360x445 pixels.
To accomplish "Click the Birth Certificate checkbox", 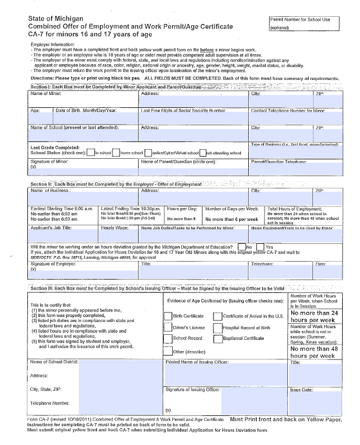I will coord(168,316).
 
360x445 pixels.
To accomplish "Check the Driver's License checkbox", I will coord(168,327).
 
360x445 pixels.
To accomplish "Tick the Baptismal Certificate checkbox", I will coord(218,339).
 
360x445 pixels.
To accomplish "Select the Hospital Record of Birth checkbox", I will coord(218,327).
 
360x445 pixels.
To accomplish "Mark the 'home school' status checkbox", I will coord(116,152).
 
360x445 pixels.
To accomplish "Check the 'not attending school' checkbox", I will coord(202,152).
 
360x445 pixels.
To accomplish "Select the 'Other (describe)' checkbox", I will coord(168,352).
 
